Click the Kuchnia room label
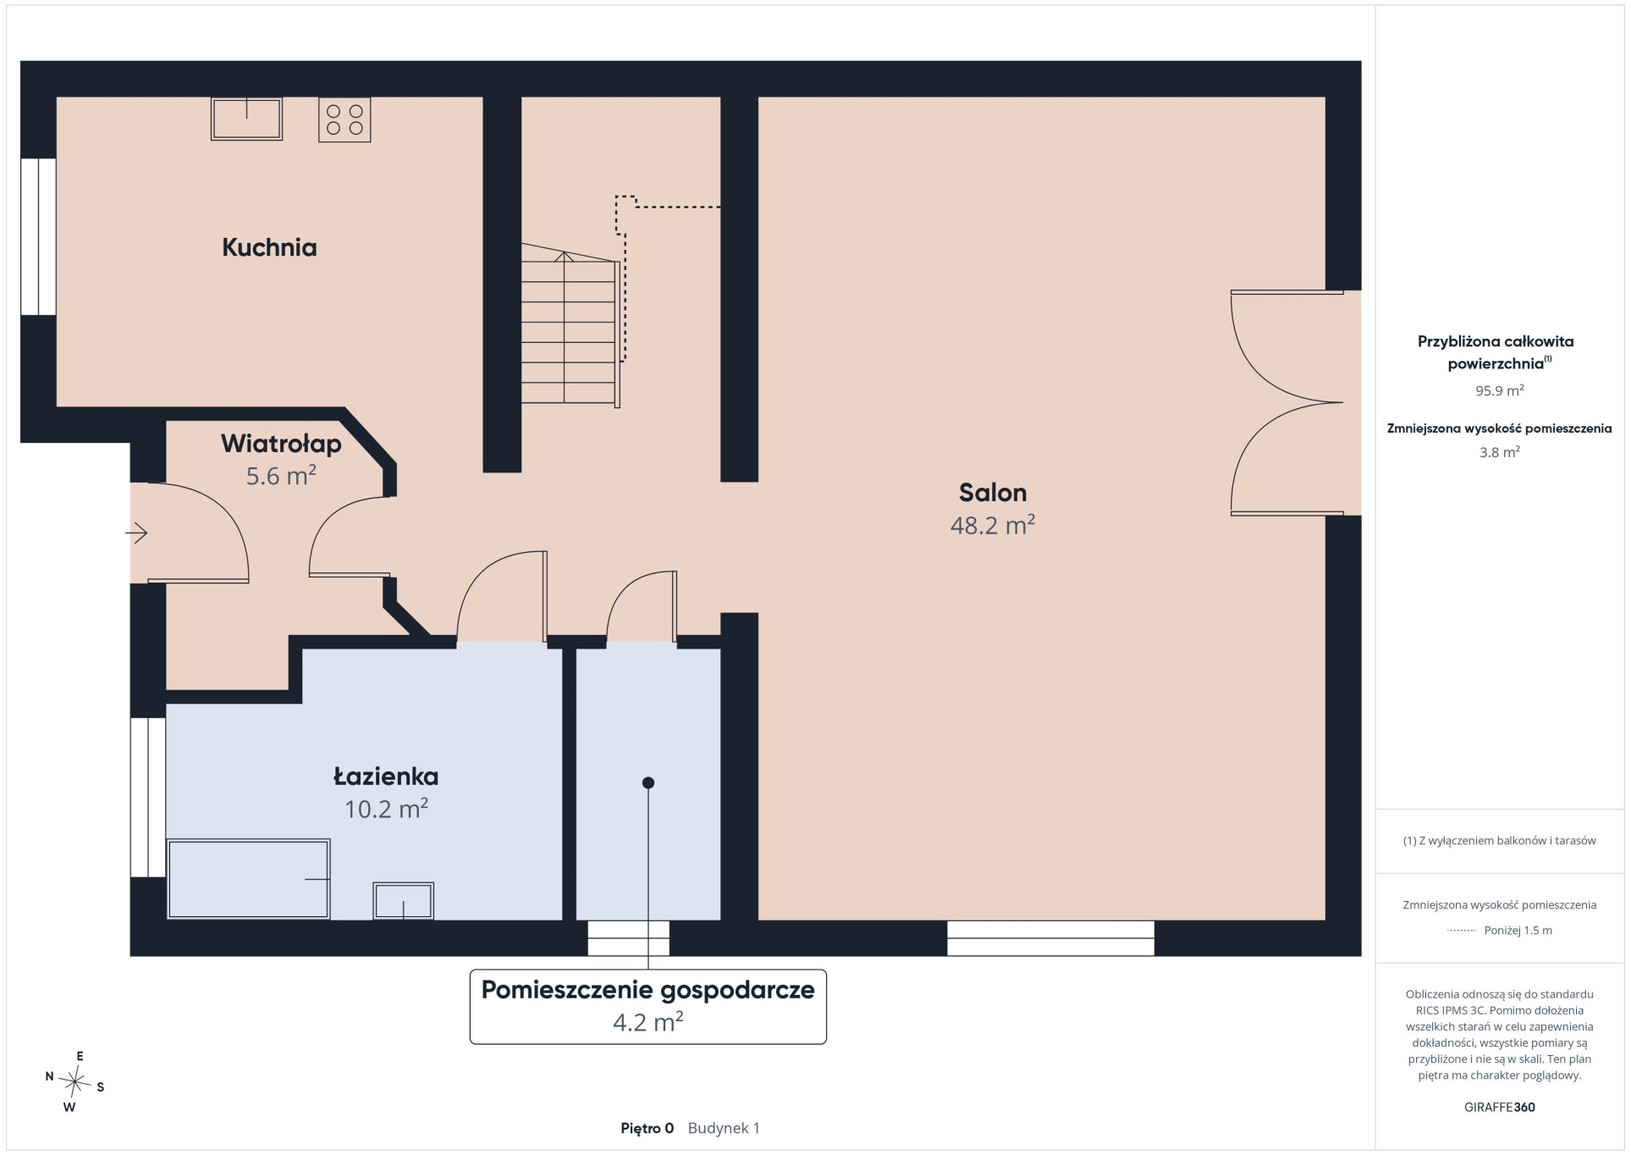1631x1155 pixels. pyautogui.click(x=269, y=247)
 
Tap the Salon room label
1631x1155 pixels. pyautogui.click(x=992, y=492)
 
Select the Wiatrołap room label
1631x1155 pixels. pyautogui.click(x=281, y=444)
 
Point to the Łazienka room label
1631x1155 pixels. pyautogui.click(x=386, y=776)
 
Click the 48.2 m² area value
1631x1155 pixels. pyautogui.click(x=992, y=525)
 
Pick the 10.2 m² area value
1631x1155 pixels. pyautogui.click(x=386, y=809)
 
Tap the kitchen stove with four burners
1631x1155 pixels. pyautogui.click(x=344, y=119)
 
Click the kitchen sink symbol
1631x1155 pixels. pyautogui.click(x=246, y=119)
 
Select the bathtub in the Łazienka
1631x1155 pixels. pyautogui.click(x=248, y=879)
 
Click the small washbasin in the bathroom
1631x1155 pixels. pyautogui.click(x=404, y=901)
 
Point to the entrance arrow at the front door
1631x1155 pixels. pyautogui.click(x=136, y=533)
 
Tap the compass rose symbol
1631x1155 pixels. pyautogui.click(x=75, y=1081)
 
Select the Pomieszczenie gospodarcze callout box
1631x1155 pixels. pyautogui.click(x=648, y=1006)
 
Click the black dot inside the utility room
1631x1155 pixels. pyautogui.click(x=648, y=782)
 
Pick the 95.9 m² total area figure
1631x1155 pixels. pyautogui.click(x=1499, y=390)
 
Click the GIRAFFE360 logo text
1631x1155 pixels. pyautogui.click(x=1499, y=1107)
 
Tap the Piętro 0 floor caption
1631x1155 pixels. pyautogui.click(x=647, y=1128)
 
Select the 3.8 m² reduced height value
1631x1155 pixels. pyautogui.click(x=1499, y=452)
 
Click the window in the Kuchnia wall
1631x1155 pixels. pyautogui.click(x=38, y=236)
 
